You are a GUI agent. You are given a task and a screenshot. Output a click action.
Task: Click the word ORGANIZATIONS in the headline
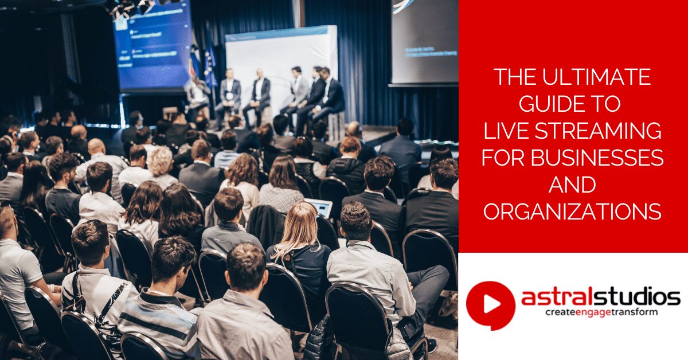pos(572,212)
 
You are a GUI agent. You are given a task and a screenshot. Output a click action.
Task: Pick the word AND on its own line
pos(572,185)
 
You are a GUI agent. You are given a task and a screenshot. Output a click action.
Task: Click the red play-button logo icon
pos(490,305)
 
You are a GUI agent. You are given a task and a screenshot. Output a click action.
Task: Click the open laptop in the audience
pos(318,207)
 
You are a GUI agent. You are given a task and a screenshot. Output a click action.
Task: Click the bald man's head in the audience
pos(96,148)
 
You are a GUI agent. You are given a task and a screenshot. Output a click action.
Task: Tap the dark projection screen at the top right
pos(425,40)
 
